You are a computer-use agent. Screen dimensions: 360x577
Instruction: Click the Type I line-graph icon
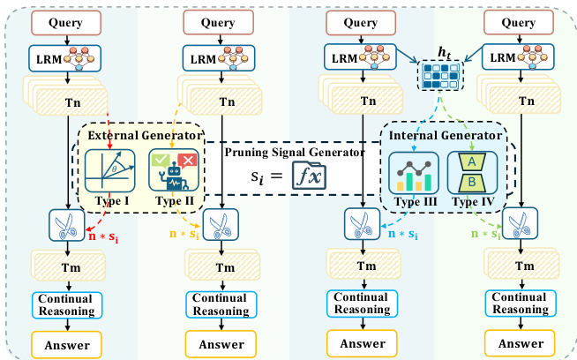pos(109,172)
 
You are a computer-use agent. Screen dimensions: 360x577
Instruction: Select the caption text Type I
pos(109,203)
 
